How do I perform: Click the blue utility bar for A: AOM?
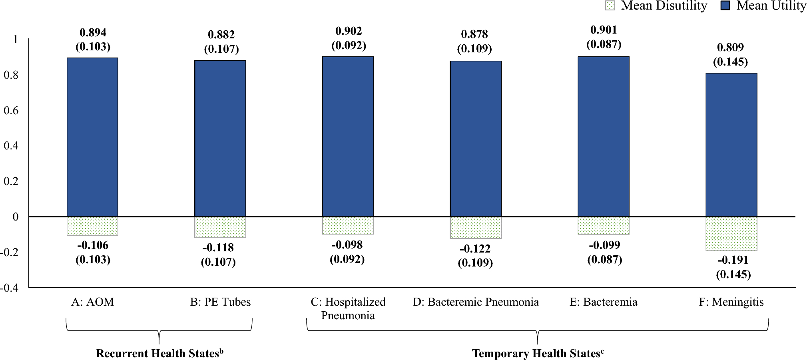click(x=92, y=137)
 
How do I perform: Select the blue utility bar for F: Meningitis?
click(x=731, y=145)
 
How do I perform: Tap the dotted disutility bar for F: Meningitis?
click(x=731, y=234)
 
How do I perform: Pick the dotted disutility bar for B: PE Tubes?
click(x=220, y=227)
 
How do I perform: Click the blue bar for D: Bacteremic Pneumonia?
click(x=476, y=139)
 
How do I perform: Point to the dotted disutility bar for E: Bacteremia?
click(x=604, y=226)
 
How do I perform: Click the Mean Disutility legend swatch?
click(x=610, y=6)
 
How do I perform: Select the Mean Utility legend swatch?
click(x=725, y=6)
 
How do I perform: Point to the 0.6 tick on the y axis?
click(x=11, y=110)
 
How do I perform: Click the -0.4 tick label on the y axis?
click(x=10, y=288)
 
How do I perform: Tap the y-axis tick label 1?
click(x=16, y=39)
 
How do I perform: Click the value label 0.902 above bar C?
click(x=349, y=31)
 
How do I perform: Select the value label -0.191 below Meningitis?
click(x=733, y=260)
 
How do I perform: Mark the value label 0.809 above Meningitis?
click(x=730, y=48)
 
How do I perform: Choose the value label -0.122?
click(x=475, y=249)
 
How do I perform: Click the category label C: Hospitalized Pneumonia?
click(x=348, y=308)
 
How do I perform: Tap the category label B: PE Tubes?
click(x=220, y=302)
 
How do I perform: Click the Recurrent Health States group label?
click(x=159, y=354)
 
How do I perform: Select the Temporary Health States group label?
click(x=538, y=354)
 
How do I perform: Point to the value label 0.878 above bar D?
click(x=474, y=34)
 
